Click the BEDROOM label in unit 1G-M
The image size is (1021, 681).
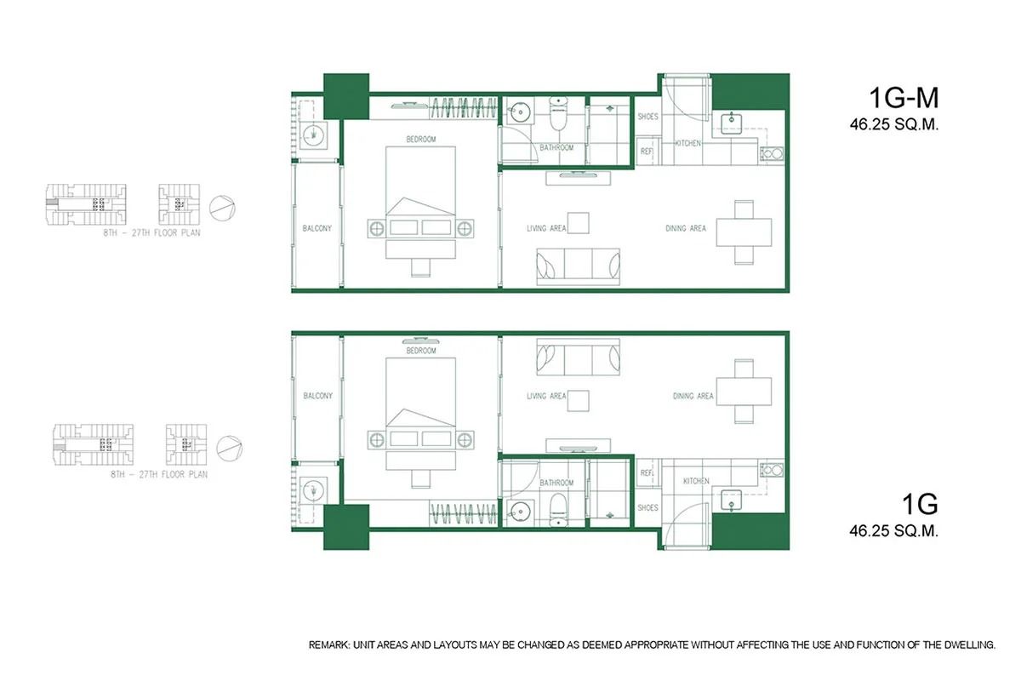point(420,139)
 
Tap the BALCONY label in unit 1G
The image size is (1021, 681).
point(317,396)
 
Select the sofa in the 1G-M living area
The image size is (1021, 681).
point(577,266)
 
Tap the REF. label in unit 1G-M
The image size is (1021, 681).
point(647,152)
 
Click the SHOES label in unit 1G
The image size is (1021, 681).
point(647,508)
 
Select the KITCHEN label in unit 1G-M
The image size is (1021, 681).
point(687,143)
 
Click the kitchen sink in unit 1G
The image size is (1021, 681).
point(731,502)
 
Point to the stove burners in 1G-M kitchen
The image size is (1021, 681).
point(774,154)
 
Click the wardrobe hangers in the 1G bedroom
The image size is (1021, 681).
point(463,514)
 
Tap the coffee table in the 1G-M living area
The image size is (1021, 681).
point(579,222)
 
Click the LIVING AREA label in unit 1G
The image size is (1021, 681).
point(546,396)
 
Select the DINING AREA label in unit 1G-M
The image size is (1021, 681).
point(686,228)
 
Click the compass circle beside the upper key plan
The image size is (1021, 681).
point(221,205)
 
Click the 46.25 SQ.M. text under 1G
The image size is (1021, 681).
point(893,530)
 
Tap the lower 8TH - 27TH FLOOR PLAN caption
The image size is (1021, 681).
point(159,475)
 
